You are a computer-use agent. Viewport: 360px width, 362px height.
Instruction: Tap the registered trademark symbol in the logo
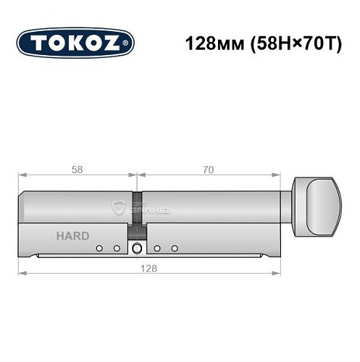[x=128, y=43]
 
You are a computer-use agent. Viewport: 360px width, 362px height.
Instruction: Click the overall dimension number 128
[x=148, y=266]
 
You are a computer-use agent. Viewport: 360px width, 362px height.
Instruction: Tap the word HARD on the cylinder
[x=72, y=236]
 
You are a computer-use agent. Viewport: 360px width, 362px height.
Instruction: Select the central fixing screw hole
[x=137, y=249]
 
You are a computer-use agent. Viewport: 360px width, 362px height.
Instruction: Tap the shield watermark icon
[x=118, y=208]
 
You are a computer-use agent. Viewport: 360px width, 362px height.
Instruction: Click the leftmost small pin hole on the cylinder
[x=99, y=249]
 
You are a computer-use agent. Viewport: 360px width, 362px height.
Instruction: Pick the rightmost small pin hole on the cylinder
[x=175, y=249]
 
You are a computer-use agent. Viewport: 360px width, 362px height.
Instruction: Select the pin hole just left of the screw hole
[x=116, y=249]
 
